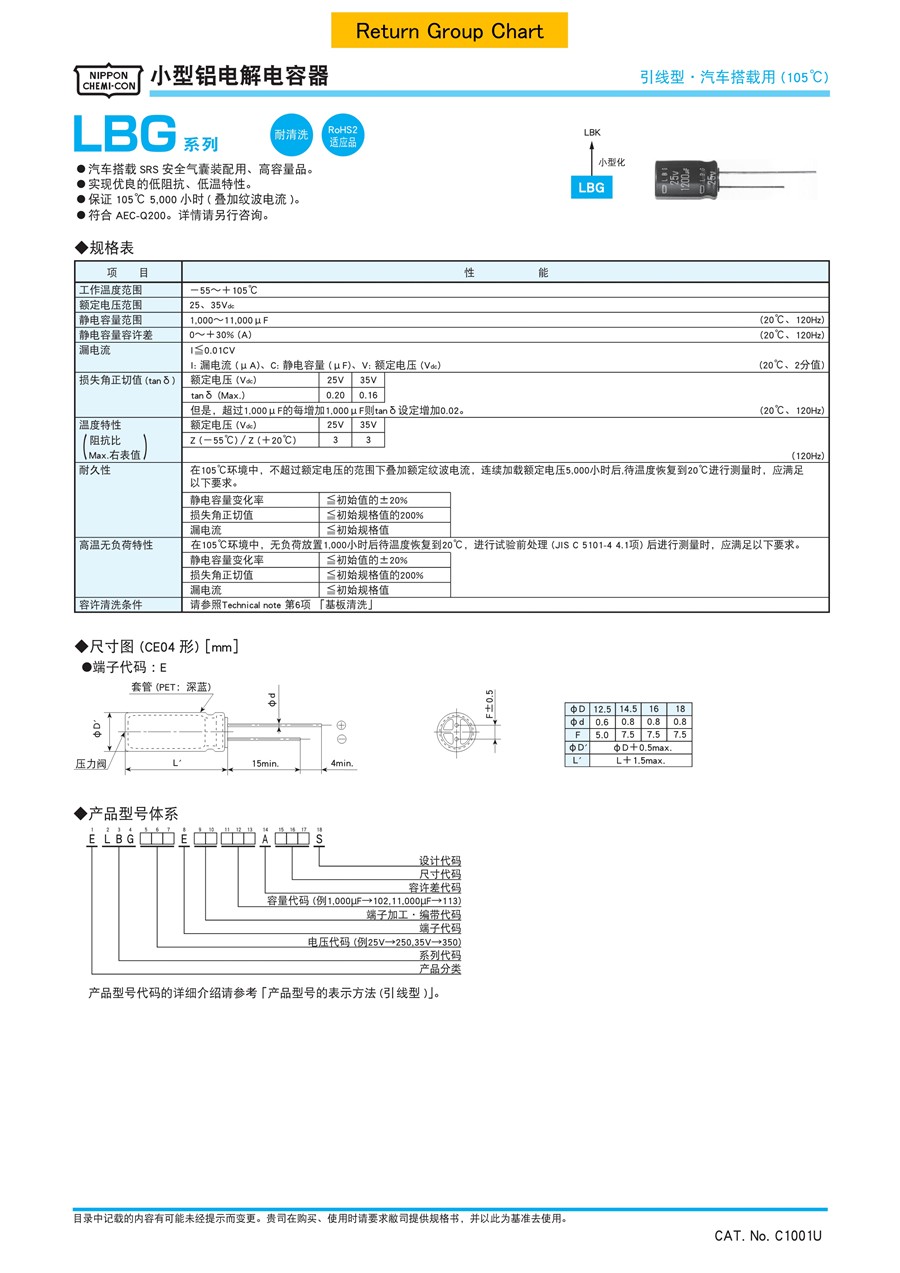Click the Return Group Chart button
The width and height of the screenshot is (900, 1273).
click(x=449, y=31)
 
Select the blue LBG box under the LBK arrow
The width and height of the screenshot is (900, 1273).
click(x=591, y=188)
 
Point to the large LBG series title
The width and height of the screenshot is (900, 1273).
click(x=124, y=135)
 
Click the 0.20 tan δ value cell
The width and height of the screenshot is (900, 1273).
click(x=335, y=395)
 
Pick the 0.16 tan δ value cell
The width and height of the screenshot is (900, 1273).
click(x=367, y=395)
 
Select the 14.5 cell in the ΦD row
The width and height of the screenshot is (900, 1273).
click(x=627, y=709)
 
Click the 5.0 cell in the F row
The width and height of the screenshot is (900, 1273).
click(x=601, y=735)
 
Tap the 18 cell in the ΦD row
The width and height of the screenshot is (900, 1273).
click(x=679, y=709)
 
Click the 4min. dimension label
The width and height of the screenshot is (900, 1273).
click(x=342, y=763)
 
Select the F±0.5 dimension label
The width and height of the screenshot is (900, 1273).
click(x=490, y=704)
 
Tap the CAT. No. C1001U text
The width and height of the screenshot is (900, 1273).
click(x=767, y=1236)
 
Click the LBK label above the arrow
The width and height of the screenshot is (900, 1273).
click(x=592, y=133)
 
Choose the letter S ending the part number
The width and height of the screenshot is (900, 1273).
click(x=319, y=839)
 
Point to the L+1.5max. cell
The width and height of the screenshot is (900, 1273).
click(x=653, y=760)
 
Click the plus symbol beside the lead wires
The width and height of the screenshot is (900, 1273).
click(x=341, y=725)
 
